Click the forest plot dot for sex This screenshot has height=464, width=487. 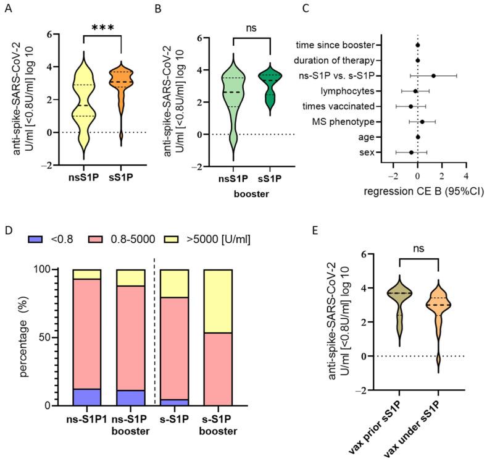tap(411, 152)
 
